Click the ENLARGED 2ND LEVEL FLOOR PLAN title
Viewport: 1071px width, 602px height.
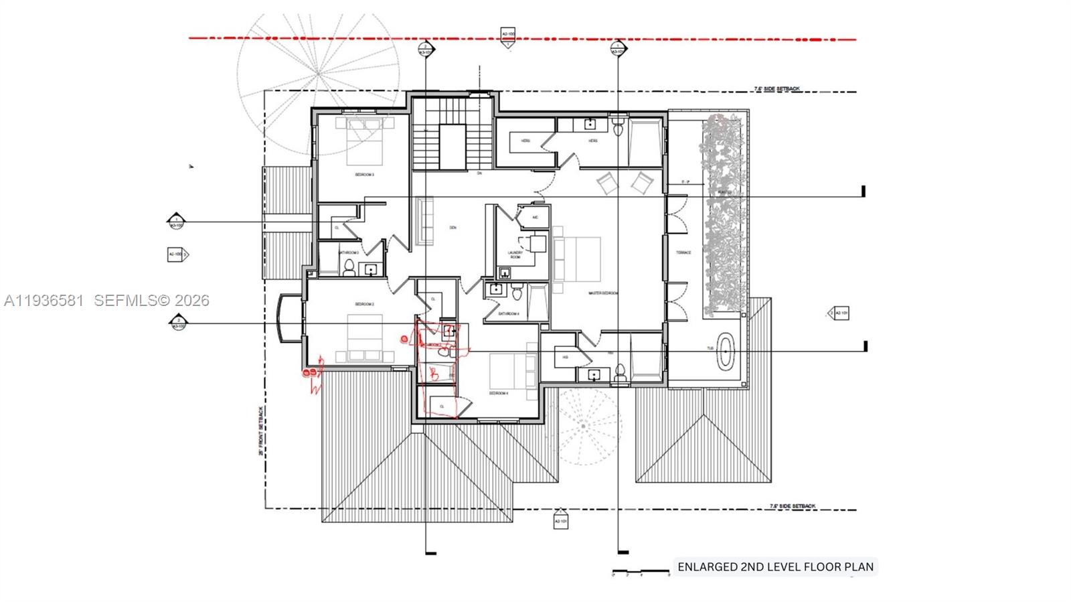pyautogui.click(x=775, y=567)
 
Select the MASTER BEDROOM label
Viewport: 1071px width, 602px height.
pyautogui.click(x=602, y=293)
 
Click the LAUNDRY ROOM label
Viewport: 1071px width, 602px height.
pyautogui.click(x=515, y=255)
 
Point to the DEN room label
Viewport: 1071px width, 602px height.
pyautogui.click(x=453, y=228)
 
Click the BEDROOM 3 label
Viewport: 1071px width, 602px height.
pyautogui.click(x=364, y=175)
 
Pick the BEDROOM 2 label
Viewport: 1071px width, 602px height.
pyautogui.click(x=364, y=304)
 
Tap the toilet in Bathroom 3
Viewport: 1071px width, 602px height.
pyautogui.click(x=349, y=268)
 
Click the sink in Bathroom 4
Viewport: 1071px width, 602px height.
pyautogui.click(x=496, y=289)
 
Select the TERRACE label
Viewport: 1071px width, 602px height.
pyautogui.click(x=683, y=252)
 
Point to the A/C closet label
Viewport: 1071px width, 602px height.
pyautogui.click(x=535, y=218)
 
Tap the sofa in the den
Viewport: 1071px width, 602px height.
pyautogui.click(x=424, y=221)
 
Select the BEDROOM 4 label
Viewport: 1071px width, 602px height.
pyautogui.click(x=499, y=393)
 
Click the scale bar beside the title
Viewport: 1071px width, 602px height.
pyautogui.click(x=641, y=571)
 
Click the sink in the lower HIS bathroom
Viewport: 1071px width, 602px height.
pyautogui.click(x=593, y=375)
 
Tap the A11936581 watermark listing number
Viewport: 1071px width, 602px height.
pyautogui.click(x=44, y=301)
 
